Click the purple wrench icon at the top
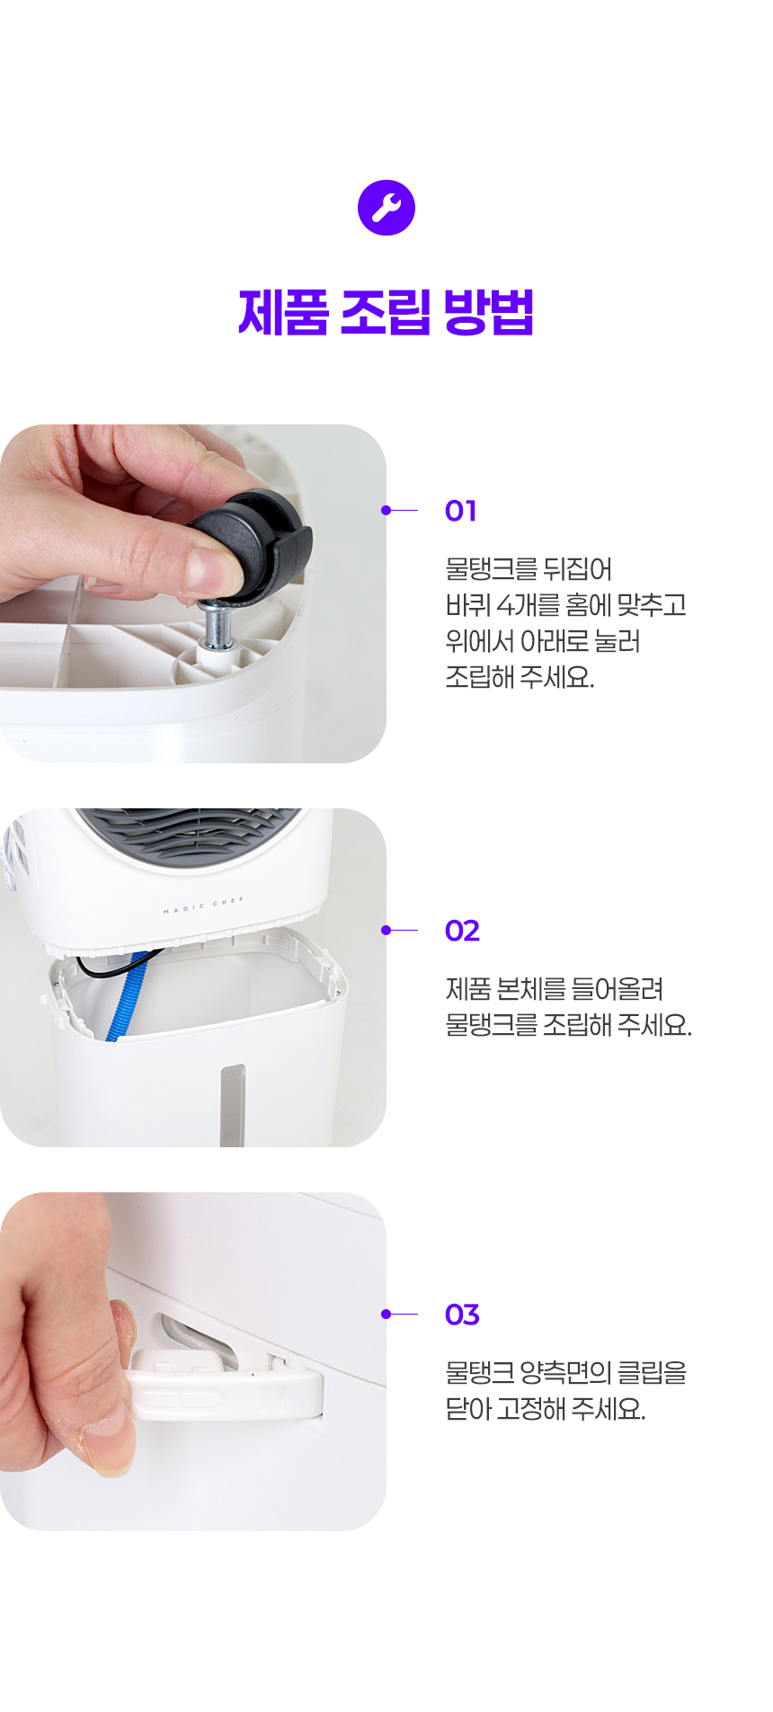click(x=386, y=208)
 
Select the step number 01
click(x=460, y=511)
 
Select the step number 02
click(x=462, y=931)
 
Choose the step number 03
click(x=462, y=1315)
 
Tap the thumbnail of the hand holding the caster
click(x=193, y=593)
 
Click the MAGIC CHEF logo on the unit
click(x=204, y=905)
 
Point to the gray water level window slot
click(x=233, y=1105)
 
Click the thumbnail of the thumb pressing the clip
click(x=193, y=1361)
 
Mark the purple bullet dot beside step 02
click(x=386, y=931)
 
